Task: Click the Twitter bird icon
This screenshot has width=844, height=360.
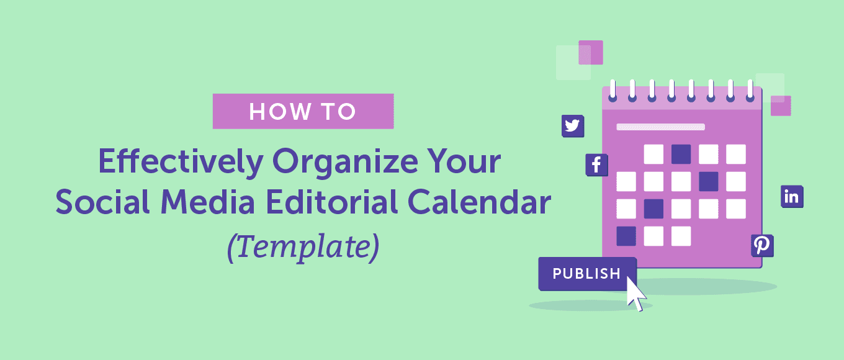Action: pyautogui.click(x=573, y=126)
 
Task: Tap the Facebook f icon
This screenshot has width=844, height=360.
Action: pyautogui.click(x=596, y=165)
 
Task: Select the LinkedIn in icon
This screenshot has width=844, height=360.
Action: pyautogui.click(x=792, y=197)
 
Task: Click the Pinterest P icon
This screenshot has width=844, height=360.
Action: pyautogui.click(x=762, y=246)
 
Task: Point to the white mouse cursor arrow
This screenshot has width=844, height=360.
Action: pyautogui.click(x=635, y=294)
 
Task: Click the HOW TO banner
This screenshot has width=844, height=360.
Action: pyautogui.click(x=303, y=111)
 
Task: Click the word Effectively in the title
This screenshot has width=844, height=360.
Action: pyautogui.click(x=181, y=162)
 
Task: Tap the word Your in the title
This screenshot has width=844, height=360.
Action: pyautogui.click(x=464, y=161)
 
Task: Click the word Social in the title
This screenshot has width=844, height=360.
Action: pyautogui.click(x=102, y=202)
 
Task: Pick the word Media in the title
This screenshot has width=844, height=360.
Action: pyautogui.click(x=208, y=202)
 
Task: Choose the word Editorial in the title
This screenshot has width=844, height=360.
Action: pyautogui.click(x=332, y=202)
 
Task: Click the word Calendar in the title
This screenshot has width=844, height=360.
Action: pyautogui.click(x=479, y=202)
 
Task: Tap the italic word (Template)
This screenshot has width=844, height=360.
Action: pyautogui.click(x=303, y=247)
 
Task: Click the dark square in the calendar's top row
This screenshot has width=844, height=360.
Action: pyautogui.click(x=681, y=154)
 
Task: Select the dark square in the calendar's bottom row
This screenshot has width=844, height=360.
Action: pyautogui.click(x=626, y=236)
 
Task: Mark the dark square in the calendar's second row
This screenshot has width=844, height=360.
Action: pyautogui.click(x=708, y=181)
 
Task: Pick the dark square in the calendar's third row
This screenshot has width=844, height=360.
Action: pyautogui.click(x=653, y=209)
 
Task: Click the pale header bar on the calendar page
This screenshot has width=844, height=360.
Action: pyautogui.click(x=660, y=127)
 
